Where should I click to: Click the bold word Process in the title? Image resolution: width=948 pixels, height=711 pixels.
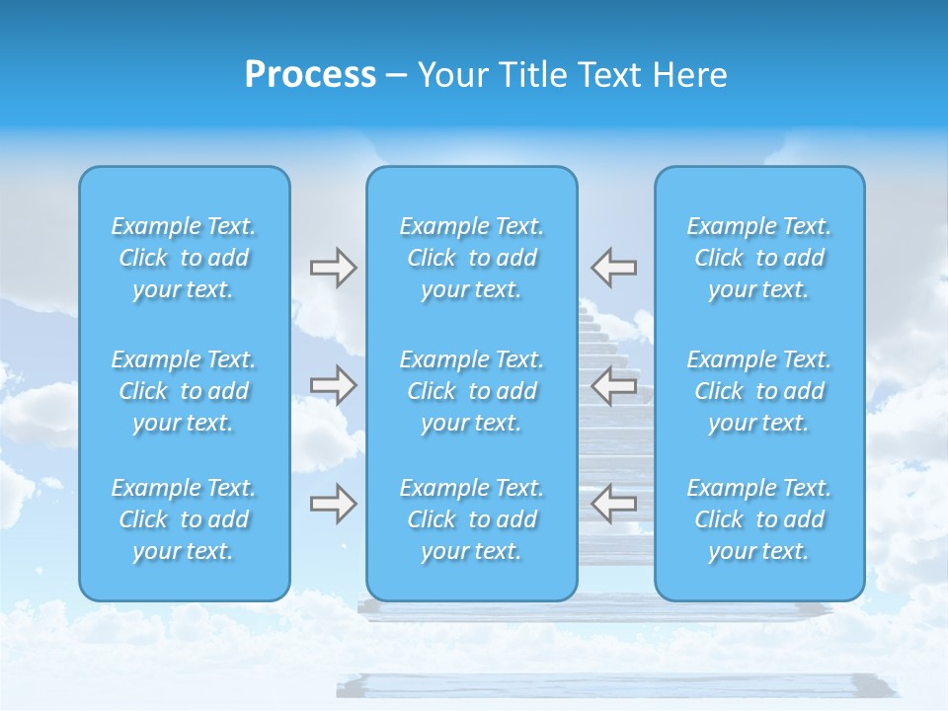[x=310, y=75]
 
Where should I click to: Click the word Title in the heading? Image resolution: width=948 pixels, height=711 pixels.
[x=528, y=75]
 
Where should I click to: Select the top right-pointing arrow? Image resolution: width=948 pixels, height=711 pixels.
[x=333, y=268]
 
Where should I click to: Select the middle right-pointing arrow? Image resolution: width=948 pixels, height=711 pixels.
[x=333, y=385]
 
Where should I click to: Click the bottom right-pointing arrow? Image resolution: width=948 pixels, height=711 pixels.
[x=333, y=504]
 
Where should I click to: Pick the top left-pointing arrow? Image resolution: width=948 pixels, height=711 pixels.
[x=613, y=268]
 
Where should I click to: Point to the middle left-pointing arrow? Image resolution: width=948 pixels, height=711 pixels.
[x=613, y=385]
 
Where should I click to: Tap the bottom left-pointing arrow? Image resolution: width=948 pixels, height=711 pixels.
[x=613, y=504]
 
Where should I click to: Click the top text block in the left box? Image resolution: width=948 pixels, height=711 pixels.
[x=184, y=258]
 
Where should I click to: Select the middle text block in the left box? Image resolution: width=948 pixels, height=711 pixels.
[x=184, y=391]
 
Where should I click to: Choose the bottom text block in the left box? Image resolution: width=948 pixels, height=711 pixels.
[x=184, y=519]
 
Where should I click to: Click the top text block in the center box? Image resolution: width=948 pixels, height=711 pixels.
[x=472, y=258]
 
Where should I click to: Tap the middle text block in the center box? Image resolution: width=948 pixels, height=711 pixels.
[x=472, y=391]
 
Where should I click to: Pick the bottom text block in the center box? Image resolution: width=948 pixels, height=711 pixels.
[x=472, y=519]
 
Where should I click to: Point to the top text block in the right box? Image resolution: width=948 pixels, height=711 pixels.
[x=759, y=258]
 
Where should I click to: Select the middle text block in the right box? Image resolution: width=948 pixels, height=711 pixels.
[x=759, y=391]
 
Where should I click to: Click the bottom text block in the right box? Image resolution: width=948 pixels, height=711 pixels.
[x=759, y=519]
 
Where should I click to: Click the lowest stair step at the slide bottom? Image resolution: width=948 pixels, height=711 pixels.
[x=612, y=685]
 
